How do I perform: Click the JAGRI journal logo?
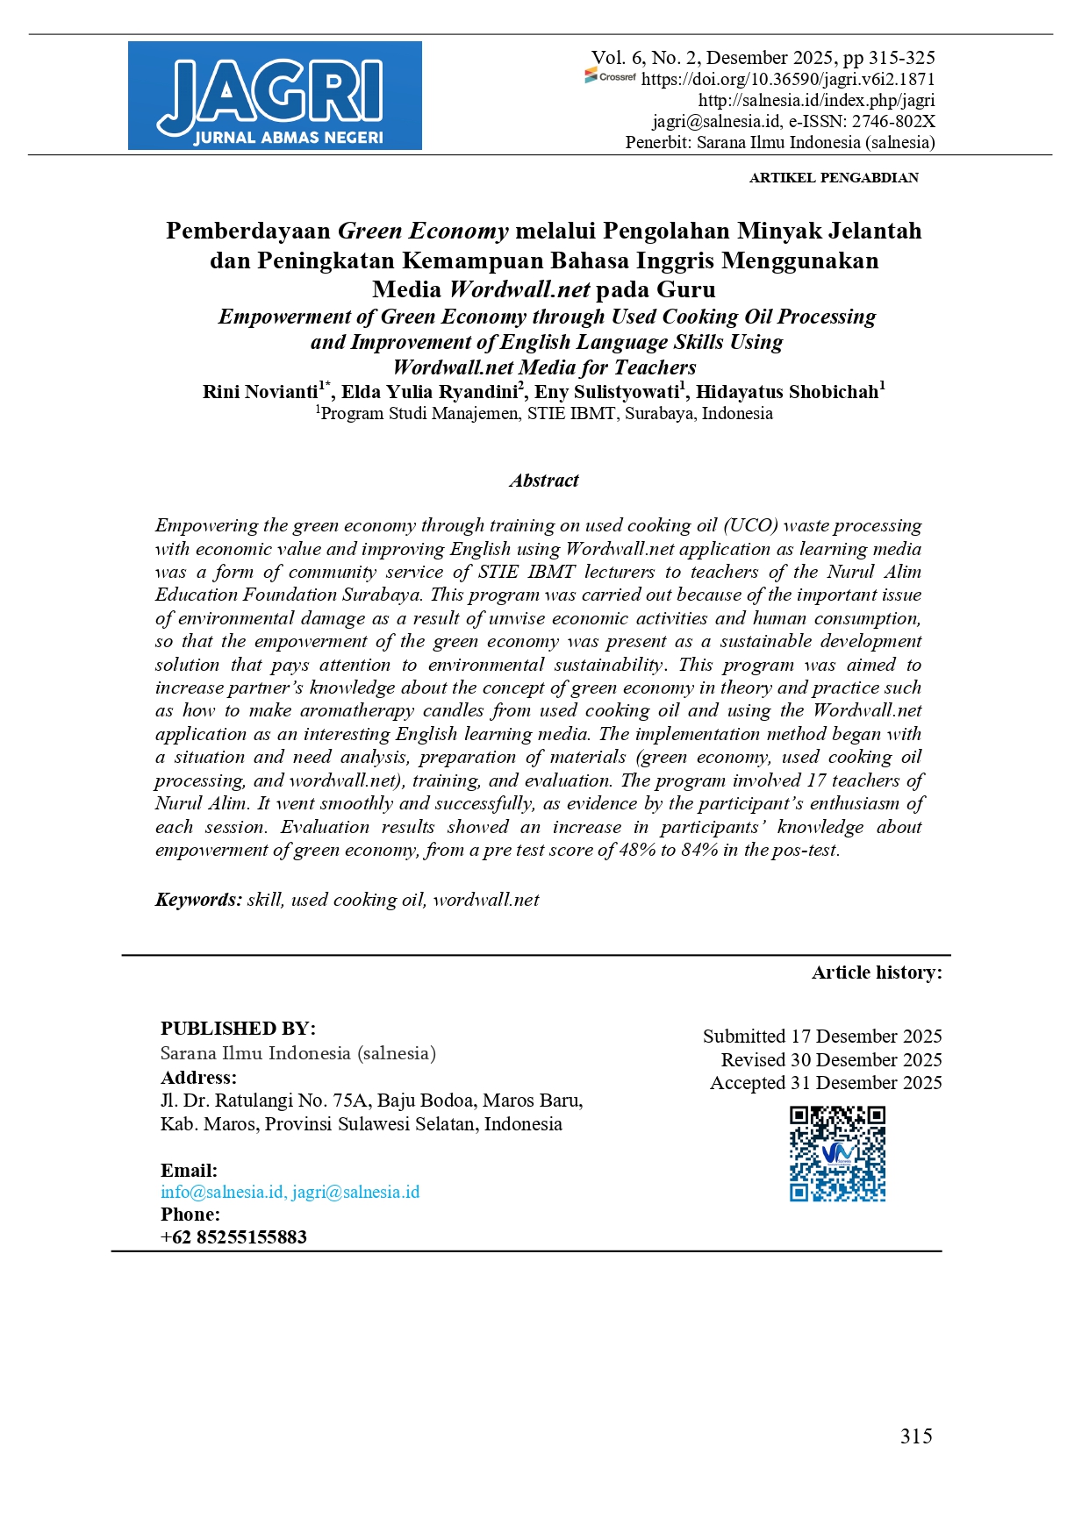point(275,96)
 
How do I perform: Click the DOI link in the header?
point(787,79)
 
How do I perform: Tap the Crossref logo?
point(611,77)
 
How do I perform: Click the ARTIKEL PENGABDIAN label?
point(833,177)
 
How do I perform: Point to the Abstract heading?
point(544,481)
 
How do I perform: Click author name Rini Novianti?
point(260,391)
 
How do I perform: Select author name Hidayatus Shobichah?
point(786,391)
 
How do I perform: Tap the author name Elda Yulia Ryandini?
point(429,391)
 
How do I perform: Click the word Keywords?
point(198,900)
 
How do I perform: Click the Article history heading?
point(876,973)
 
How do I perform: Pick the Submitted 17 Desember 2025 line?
point(821,1037)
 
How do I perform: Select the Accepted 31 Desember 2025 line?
point(825,1083)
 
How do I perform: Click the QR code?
point(837,1153)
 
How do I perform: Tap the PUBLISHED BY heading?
point(238,1029)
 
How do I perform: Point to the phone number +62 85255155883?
point(233,1237)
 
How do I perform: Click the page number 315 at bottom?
point(915,1436)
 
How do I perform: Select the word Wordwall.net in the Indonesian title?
point(519,289)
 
